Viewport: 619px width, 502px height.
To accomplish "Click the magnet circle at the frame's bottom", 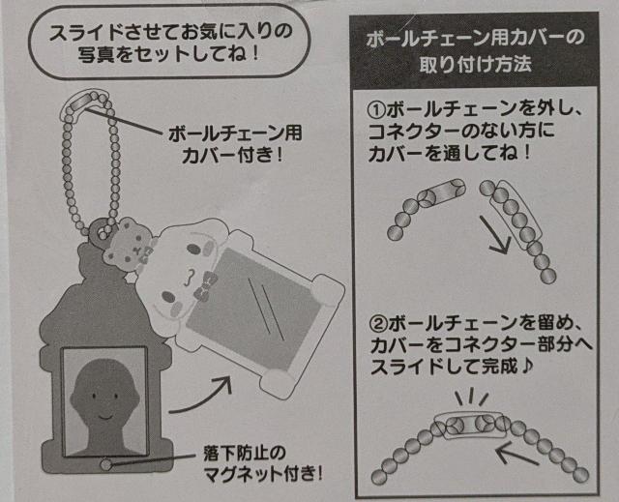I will pyautogui.click(x=104, y=463).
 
